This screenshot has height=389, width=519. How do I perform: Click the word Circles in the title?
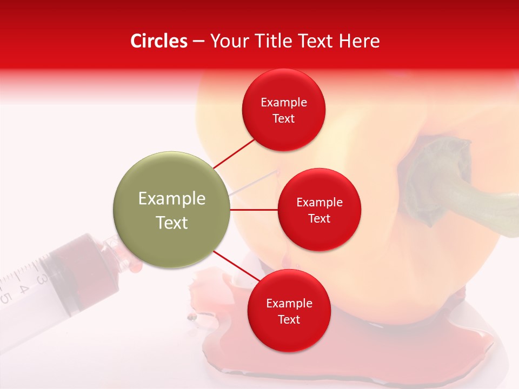pyautogui.click(x=159, y=41)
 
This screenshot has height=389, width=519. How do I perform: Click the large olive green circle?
pyautogui.click(x=172, y=210)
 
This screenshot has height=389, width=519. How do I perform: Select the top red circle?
pyautogui.click(x=283, y=110)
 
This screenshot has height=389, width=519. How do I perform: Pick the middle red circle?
pyautogui.click(x=319, y=210)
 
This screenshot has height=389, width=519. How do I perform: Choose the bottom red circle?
pyautogui.click(x=289, y=311)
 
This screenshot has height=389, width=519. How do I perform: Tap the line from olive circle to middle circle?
pyautogui.click(x=254, y=210)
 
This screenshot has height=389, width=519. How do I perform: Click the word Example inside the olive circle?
pyautogui.click(x=172, y=198)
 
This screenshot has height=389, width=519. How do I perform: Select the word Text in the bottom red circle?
pyautogui.click(x=289, y=319)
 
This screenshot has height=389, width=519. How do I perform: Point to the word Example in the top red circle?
pyautogui.click(x=283, y=102)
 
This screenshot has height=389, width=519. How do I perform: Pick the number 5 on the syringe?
pyautogui.click(x=6, y=297)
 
